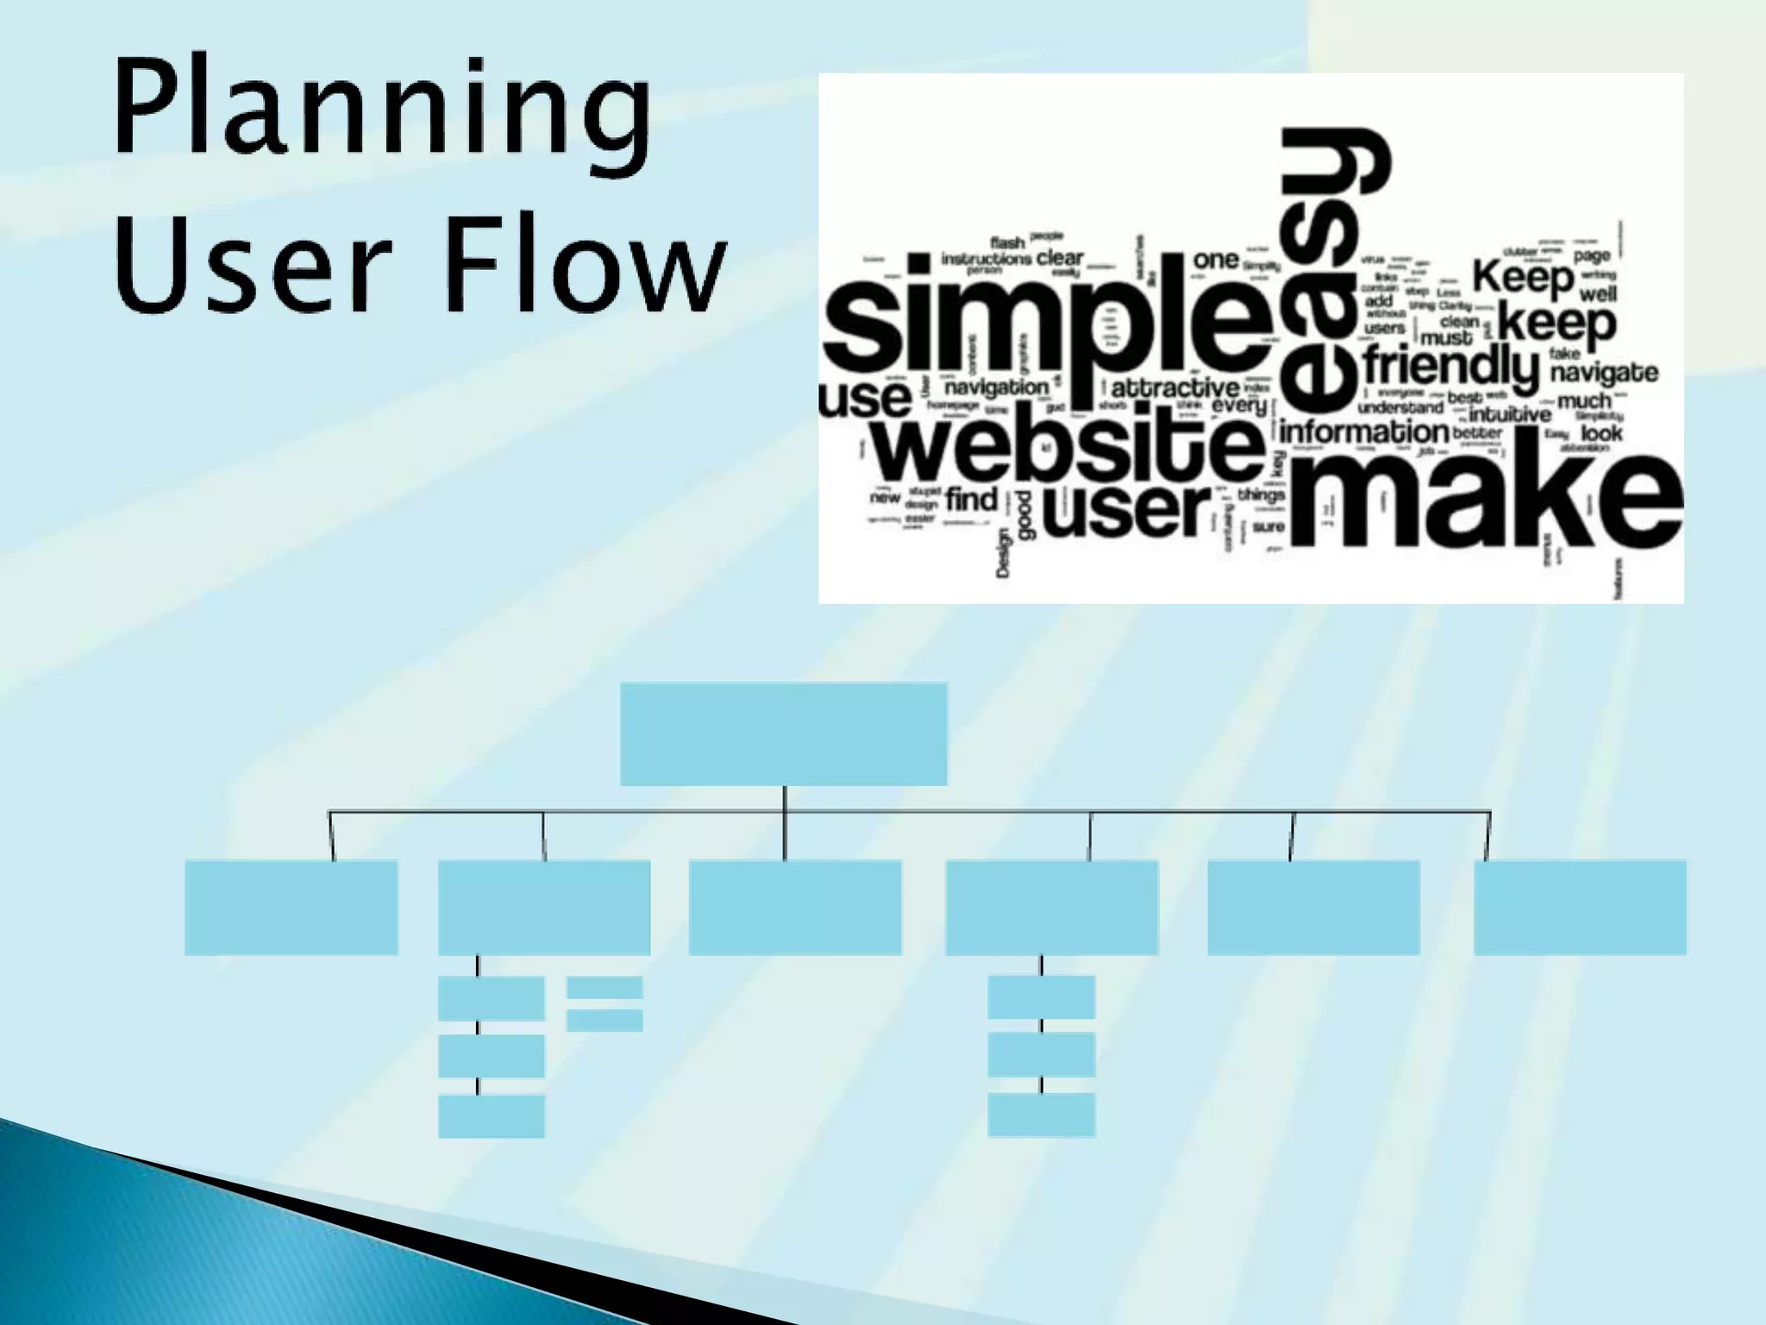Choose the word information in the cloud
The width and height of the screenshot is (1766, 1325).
click(x=1362, y=431)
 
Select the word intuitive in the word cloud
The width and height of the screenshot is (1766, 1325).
click(x=1509, y=415)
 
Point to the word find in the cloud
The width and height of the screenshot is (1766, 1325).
click(x=971, y=499)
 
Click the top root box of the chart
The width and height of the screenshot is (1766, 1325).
click(x=783, y=734)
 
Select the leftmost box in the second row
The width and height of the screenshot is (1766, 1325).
click(x=291, y=907)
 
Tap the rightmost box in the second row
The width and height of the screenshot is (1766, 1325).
click(x=1580, y=907)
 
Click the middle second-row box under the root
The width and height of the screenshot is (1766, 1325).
click(x=795, y=907)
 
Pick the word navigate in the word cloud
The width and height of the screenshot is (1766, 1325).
click(x=1604, y=373)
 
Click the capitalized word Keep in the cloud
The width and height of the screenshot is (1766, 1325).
click(x=1523, y=278)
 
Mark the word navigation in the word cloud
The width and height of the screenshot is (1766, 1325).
click(x=996, y=387)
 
